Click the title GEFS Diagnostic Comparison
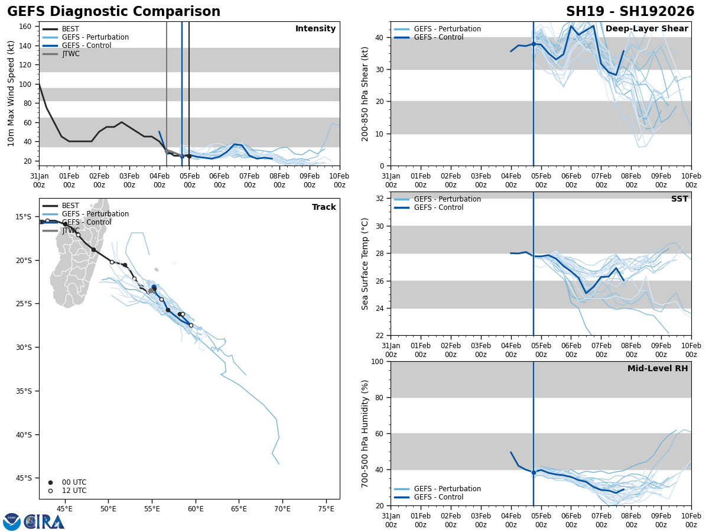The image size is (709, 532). pos(113,12)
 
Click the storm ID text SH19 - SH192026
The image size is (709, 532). pos(630,12)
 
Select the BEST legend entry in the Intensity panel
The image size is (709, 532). pos(70,29)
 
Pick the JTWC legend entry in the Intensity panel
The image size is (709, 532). pos(70,54)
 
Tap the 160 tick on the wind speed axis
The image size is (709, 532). pos(25,27)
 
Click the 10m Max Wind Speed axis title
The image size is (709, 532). pos(11,93)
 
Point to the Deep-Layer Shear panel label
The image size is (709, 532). pos(646,29)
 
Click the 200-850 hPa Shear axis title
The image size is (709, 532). pos(365,93)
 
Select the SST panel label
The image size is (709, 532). pos(679,199)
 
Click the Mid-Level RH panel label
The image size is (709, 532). pos(658,369)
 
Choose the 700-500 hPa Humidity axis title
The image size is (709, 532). pos(365,433)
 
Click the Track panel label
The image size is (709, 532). pos(324,207)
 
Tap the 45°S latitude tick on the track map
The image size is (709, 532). pos(24,478)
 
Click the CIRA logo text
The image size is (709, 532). pos(44,522)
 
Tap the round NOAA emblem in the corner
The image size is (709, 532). pos(11,521)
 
